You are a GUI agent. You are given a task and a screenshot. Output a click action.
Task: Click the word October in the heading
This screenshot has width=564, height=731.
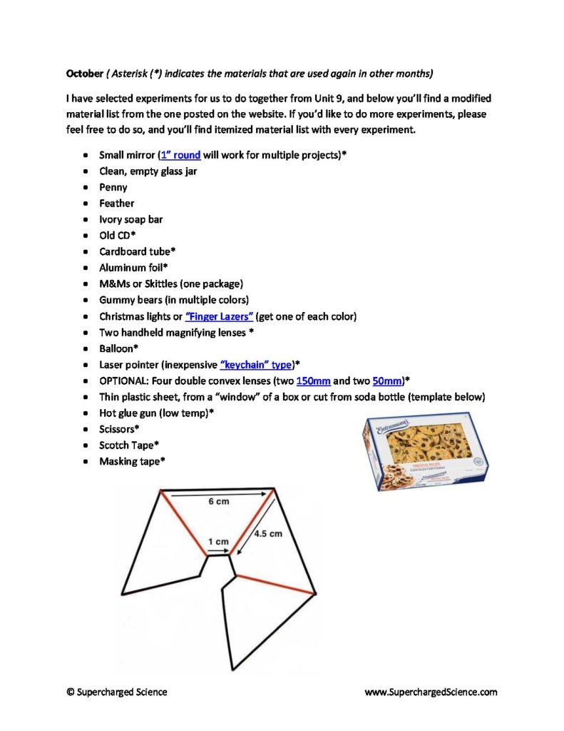pos(85,74)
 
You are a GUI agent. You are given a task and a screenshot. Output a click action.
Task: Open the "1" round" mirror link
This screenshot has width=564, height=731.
pos(180,155)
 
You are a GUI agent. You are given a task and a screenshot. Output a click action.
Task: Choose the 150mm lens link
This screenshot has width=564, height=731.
pos(313,380)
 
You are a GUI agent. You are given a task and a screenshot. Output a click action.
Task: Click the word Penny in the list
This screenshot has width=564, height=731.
pos(113,187)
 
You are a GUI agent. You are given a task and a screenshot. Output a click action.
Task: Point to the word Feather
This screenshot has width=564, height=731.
pos(116,203)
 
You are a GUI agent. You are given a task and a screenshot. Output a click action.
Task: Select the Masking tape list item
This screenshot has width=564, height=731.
pos(132,461)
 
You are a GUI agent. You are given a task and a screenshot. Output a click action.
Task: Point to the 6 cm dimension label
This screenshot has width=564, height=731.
pos(218,502)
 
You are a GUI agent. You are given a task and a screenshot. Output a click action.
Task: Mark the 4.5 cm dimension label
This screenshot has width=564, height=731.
pos(268,533)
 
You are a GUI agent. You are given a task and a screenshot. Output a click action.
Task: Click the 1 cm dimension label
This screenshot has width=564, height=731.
pos(218,542)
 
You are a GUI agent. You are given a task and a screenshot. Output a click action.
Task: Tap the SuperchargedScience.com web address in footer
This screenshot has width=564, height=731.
pos(431,692)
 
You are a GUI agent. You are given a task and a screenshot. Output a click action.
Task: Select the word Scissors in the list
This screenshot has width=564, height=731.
pos(119,429)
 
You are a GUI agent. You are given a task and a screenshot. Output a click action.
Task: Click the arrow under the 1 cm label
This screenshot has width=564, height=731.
pos(217,551)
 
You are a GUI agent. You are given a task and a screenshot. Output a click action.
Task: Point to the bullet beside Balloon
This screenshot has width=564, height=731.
pos(86,349)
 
